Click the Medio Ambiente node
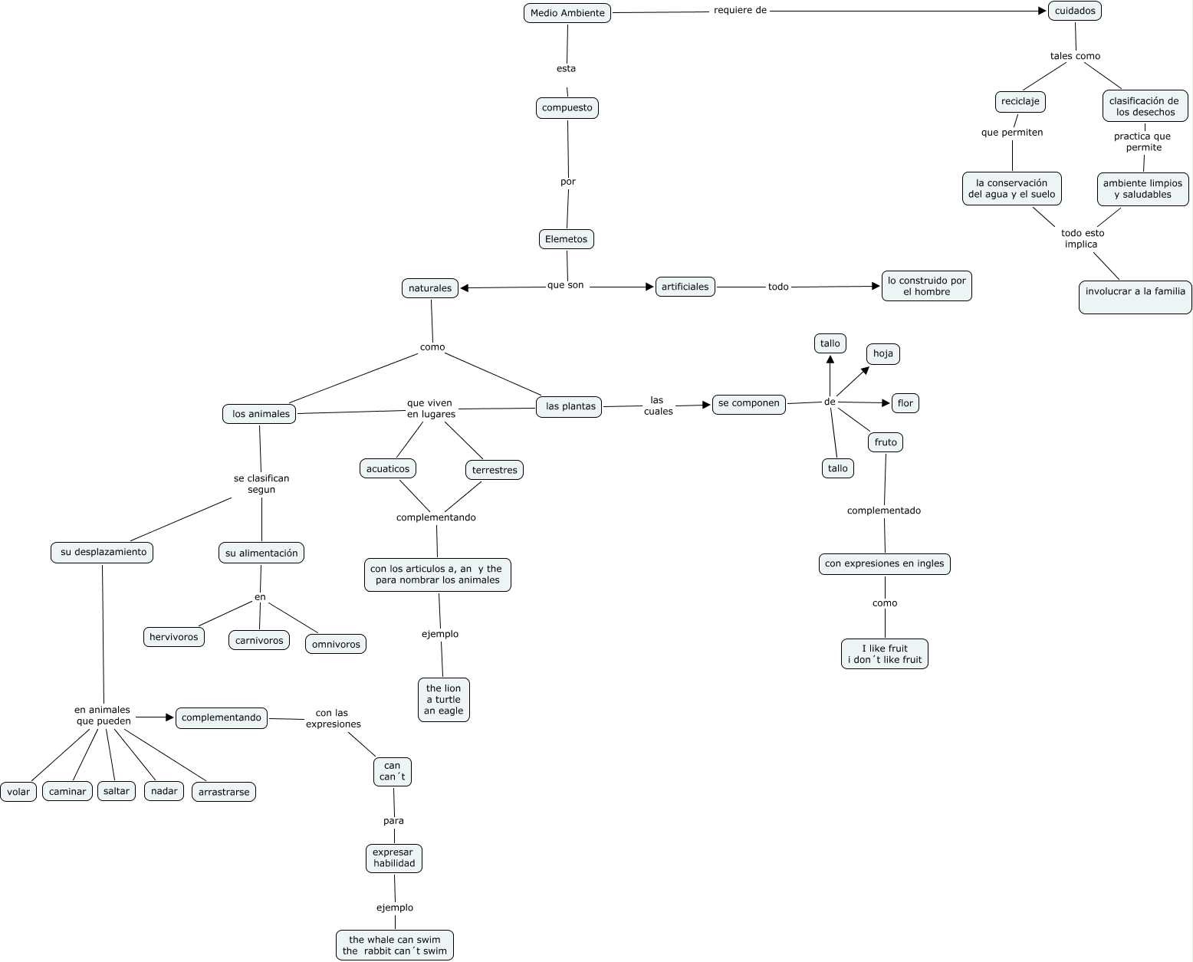click(567, 13)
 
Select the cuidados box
click(1075, 11)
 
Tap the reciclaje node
click(1020, 101)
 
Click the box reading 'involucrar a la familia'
click(1135, 297)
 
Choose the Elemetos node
click(566, 239)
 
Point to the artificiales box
click(685, 287)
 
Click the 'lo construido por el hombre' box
click(926, 286)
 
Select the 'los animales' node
click(260, 414)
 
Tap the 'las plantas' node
click(570, 406)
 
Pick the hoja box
click(883, 353)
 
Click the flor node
click(905, 403)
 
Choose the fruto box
click(886, 442)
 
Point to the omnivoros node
click(336, 644)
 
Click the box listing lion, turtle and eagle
click(444, 699)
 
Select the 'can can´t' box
click(392, 771)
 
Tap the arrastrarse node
click(223, 792)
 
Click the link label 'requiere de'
click(740, 11)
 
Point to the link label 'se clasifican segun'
click(261, 484)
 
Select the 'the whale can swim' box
click(395, 945)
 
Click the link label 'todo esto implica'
click(1082, 238)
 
